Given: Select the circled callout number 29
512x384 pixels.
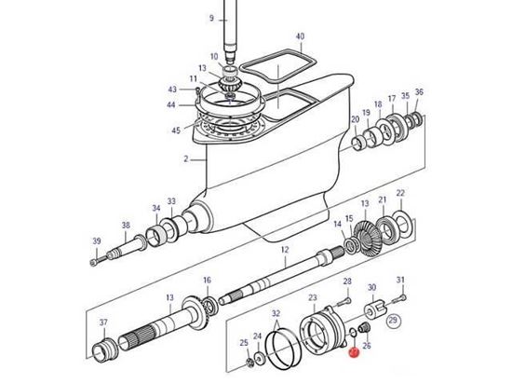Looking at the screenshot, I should pyautogui.click(x=394, y=322).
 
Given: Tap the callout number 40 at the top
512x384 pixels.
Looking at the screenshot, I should pyautogui.click(x=300, y=37).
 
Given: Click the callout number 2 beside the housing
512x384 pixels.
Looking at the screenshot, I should pyautogui.click(x=185, y=159).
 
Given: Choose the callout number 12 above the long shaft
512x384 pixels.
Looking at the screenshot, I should pyautogui.click(x=285, y=250).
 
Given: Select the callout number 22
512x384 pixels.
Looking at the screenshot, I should pyautogui.click(x=401, y=193).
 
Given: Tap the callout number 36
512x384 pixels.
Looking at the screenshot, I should pyautogui.click(x=419, y=92).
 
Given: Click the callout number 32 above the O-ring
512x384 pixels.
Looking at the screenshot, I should pyautogui.click(x=276, y=313).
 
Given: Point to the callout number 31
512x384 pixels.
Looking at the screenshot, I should pyautogui.click(x=401, y=280).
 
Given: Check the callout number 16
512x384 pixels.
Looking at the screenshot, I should pyautogui.click(x=207, y=280).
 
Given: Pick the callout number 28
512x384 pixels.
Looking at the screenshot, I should pyautogui.click(x=347, y=281).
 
